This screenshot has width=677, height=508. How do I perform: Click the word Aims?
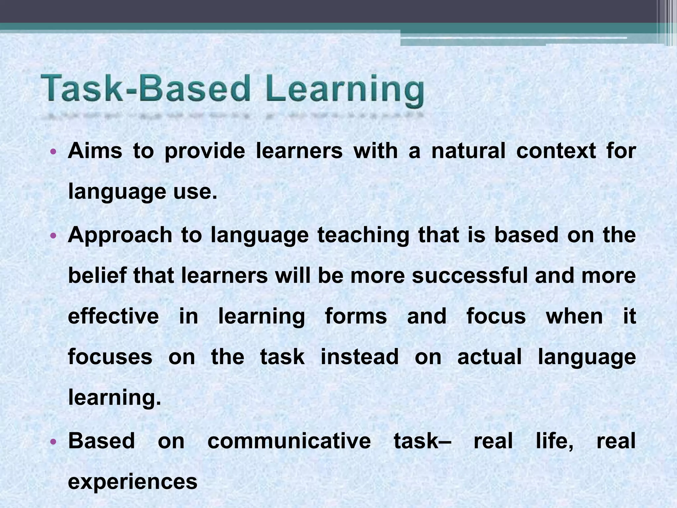(95, 151)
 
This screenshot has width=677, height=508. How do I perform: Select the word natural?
(468, 151)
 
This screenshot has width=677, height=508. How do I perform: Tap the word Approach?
(120, 235)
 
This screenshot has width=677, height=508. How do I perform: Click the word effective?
(113, 316)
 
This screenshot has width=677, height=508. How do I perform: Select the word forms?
(356, 316)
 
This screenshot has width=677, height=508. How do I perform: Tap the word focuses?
(110, 357)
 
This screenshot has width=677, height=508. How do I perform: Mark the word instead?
(360, 357)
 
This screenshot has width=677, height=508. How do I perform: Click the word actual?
(489, 357)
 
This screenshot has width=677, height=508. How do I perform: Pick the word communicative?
(289, 441)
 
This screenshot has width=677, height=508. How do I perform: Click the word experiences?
(133, 482)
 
